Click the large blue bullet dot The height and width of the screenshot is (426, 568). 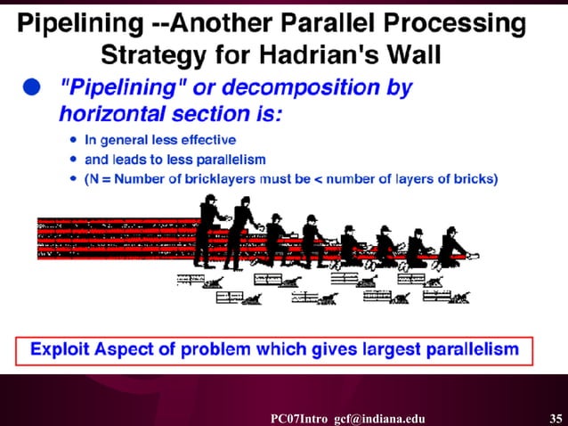(33, 86)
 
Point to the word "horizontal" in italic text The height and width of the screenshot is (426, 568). (113, 113)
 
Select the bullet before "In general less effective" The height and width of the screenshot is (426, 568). (73, 139)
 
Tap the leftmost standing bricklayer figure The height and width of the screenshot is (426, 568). (211, 233)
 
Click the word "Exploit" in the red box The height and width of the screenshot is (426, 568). (63, 349)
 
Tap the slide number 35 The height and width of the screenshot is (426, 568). (556, 417)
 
